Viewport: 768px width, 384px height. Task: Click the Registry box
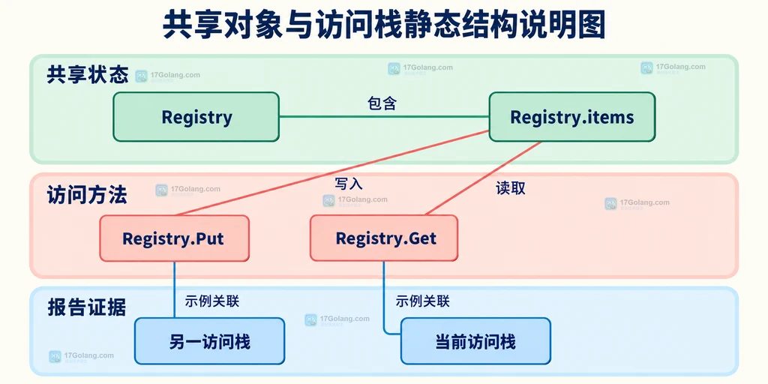coord(196,117)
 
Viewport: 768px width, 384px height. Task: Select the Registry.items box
coord(572,117)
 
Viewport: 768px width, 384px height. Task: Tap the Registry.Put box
coord(174,238)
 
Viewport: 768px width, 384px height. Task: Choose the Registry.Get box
coord(384,238)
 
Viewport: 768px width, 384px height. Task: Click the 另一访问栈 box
coord(210,341)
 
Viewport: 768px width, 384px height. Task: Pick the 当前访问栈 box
coord(475,341)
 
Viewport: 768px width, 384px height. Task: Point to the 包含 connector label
coord(382,103)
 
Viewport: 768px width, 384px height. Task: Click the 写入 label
coord(349,184)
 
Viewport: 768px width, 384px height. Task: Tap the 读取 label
coord(510,188)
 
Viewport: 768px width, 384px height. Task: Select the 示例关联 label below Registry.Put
coord(212,301)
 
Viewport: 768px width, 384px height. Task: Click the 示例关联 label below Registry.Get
coord(423,301)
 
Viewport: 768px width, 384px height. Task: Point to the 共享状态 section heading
coord(88,76)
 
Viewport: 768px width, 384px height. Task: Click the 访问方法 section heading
coord(87,196)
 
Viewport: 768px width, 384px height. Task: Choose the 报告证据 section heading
coord(87,307)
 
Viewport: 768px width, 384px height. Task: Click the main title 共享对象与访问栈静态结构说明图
coord(384,25)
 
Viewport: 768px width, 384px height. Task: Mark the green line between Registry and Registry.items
coord(384,117)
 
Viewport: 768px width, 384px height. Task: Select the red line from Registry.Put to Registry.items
coord(332,173)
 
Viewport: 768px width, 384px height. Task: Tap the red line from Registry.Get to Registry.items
coord(484,178)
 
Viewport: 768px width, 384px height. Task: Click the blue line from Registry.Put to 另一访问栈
coord(174,289)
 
